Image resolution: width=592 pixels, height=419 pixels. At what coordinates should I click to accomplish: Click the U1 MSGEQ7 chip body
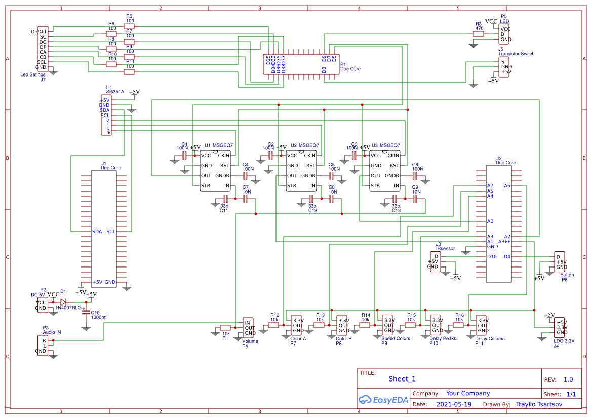point(215,171)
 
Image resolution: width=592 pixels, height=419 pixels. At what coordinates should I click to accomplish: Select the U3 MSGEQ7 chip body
point(385,171)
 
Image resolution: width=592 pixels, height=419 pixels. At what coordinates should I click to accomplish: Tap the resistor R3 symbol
point(479,34)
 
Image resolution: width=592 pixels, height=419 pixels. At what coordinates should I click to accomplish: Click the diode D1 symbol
point(63,302)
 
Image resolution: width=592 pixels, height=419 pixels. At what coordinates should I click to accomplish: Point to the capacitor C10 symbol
point(86,312)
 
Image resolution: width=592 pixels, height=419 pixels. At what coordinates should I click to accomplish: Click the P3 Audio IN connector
point(43,345)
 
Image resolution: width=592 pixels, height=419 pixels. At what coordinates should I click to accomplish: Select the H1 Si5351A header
point(107,116)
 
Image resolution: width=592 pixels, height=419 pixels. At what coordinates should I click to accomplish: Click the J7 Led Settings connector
point(44,49)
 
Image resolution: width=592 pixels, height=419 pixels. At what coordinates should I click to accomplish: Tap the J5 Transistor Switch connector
point(504,67)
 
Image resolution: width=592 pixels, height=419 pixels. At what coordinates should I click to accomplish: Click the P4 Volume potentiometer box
point(249,328)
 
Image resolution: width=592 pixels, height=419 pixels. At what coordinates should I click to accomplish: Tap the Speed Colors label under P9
point(396,338)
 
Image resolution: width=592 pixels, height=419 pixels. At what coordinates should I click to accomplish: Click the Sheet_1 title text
point(402,379)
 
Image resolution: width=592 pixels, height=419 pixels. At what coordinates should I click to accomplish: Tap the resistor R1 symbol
point(225,328)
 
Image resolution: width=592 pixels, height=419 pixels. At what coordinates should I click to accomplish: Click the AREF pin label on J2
point(504,242)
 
